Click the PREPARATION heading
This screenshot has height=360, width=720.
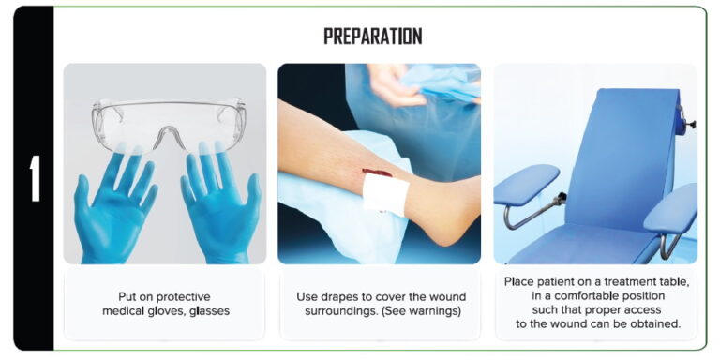372,37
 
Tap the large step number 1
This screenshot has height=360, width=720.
35,179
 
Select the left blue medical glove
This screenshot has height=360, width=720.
112,202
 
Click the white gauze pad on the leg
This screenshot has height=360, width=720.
385,195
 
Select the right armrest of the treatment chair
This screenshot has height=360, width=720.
671,206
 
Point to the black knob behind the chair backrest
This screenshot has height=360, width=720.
691,121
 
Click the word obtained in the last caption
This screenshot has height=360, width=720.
655,324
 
